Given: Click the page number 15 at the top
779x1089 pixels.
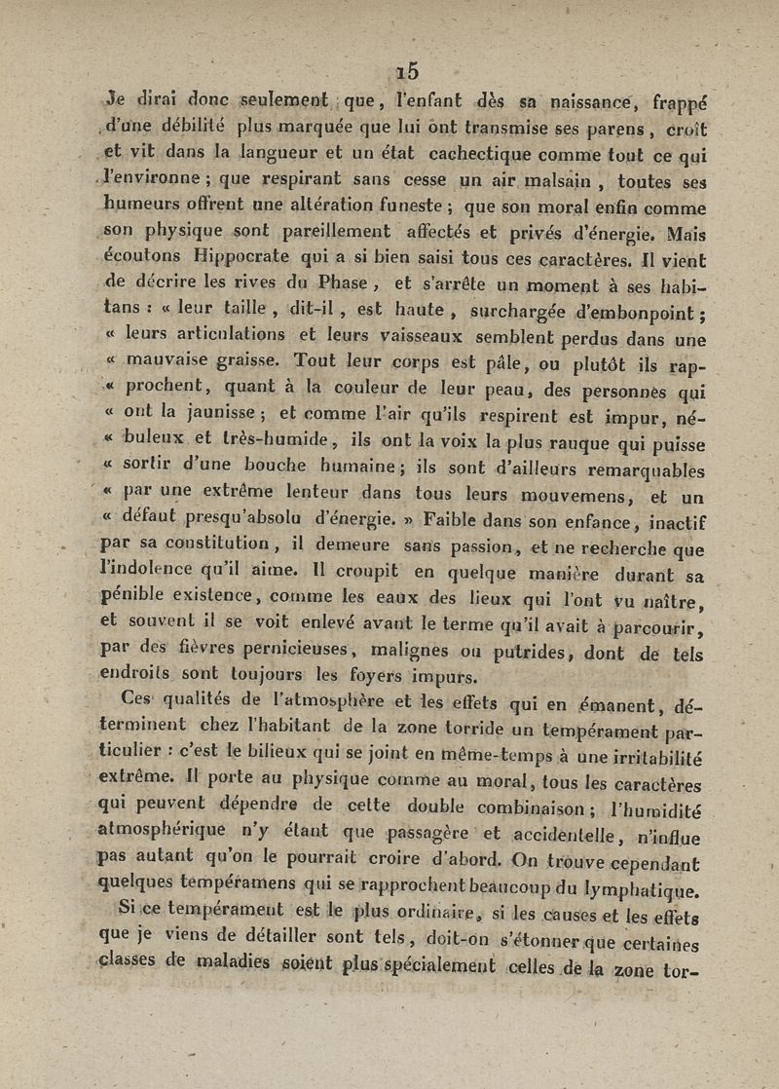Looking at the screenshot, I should click(x=407, y=71).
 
